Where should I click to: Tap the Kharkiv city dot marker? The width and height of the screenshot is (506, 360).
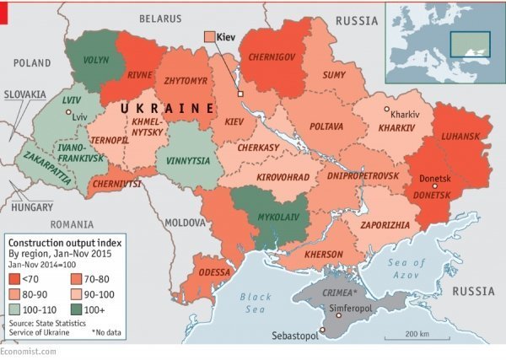(386, 110)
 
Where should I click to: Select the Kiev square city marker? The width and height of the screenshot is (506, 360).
(240, 93)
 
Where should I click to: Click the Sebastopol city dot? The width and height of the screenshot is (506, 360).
(322, 329)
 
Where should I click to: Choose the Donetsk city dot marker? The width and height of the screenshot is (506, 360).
(435, 185)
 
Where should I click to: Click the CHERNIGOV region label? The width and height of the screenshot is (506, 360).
(271, 56)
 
